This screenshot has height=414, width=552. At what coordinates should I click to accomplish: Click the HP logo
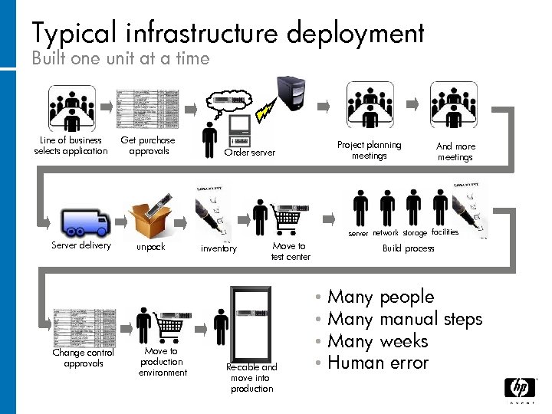[x=519, y=389]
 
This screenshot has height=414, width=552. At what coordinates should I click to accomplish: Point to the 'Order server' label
[x=249, y=153]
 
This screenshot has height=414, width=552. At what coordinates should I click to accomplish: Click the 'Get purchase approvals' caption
[x=148, y=146]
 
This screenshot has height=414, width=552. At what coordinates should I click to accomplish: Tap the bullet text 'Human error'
[x=377, y=363]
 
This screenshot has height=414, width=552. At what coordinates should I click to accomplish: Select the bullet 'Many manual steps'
[x=404, y=319]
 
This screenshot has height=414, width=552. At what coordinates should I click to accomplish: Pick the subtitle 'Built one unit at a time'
[x=120, y=58]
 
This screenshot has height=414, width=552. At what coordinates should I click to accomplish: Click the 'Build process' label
[x=409, y=248]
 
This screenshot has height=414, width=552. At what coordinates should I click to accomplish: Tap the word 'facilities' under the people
[x=445, y=232]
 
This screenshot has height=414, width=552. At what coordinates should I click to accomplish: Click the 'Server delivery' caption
[x=81, y=246]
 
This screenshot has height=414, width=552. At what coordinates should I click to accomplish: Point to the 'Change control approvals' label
[x=84, y=358]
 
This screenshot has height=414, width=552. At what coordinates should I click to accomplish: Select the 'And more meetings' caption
[x=455, y=152]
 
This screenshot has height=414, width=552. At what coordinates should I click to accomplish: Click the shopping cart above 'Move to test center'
[x=291, y=219]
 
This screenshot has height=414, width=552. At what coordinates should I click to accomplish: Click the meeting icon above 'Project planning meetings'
[x=370, y=106]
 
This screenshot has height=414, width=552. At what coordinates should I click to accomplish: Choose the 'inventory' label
[x=219, y=248]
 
